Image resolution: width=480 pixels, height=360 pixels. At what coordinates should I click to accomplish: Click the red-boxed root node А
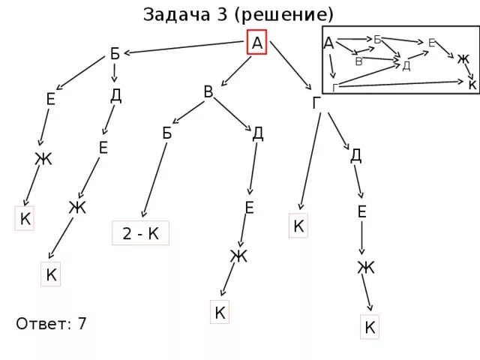(257, 43)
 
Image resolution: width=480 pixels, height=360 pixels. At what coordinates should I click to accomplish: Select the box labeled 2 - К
(141, 233)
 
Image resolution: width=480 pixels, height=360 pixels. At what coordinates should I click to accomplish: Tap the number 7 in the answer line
(82, 324)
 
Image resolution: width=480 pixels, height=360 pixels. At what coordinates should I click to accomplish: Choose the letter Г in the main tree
(318, 103)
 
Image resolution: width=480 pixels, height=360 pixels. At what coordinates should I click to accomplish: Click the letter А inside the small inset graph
(328, 43)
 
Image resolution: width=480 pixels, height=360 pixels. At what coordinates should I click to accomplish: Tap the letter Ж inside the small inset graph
(463, 58)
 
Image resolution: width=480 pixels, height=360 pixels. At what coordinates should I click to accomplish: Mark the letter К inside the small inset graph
(472, 85)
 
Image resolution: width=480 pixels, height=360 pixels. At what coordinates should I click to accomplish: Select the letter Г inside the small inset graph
(335, 88)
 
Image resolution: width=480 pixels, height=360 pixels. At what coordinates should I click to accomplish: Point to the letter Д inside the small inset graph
(406, 65)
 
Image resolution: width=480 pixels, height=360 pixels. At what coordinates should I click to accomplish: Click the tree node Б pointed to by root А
(115, 53)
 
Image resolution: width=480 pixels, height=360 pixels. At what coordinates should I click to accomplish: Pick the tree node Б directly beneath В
(167, 133)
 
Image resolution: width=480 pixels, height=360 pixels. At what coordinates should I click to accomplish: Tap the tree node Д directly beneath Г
(356, 155)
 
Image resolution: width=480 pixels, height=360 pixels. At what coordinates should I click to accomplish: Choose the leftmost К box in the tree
(25, 219)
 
